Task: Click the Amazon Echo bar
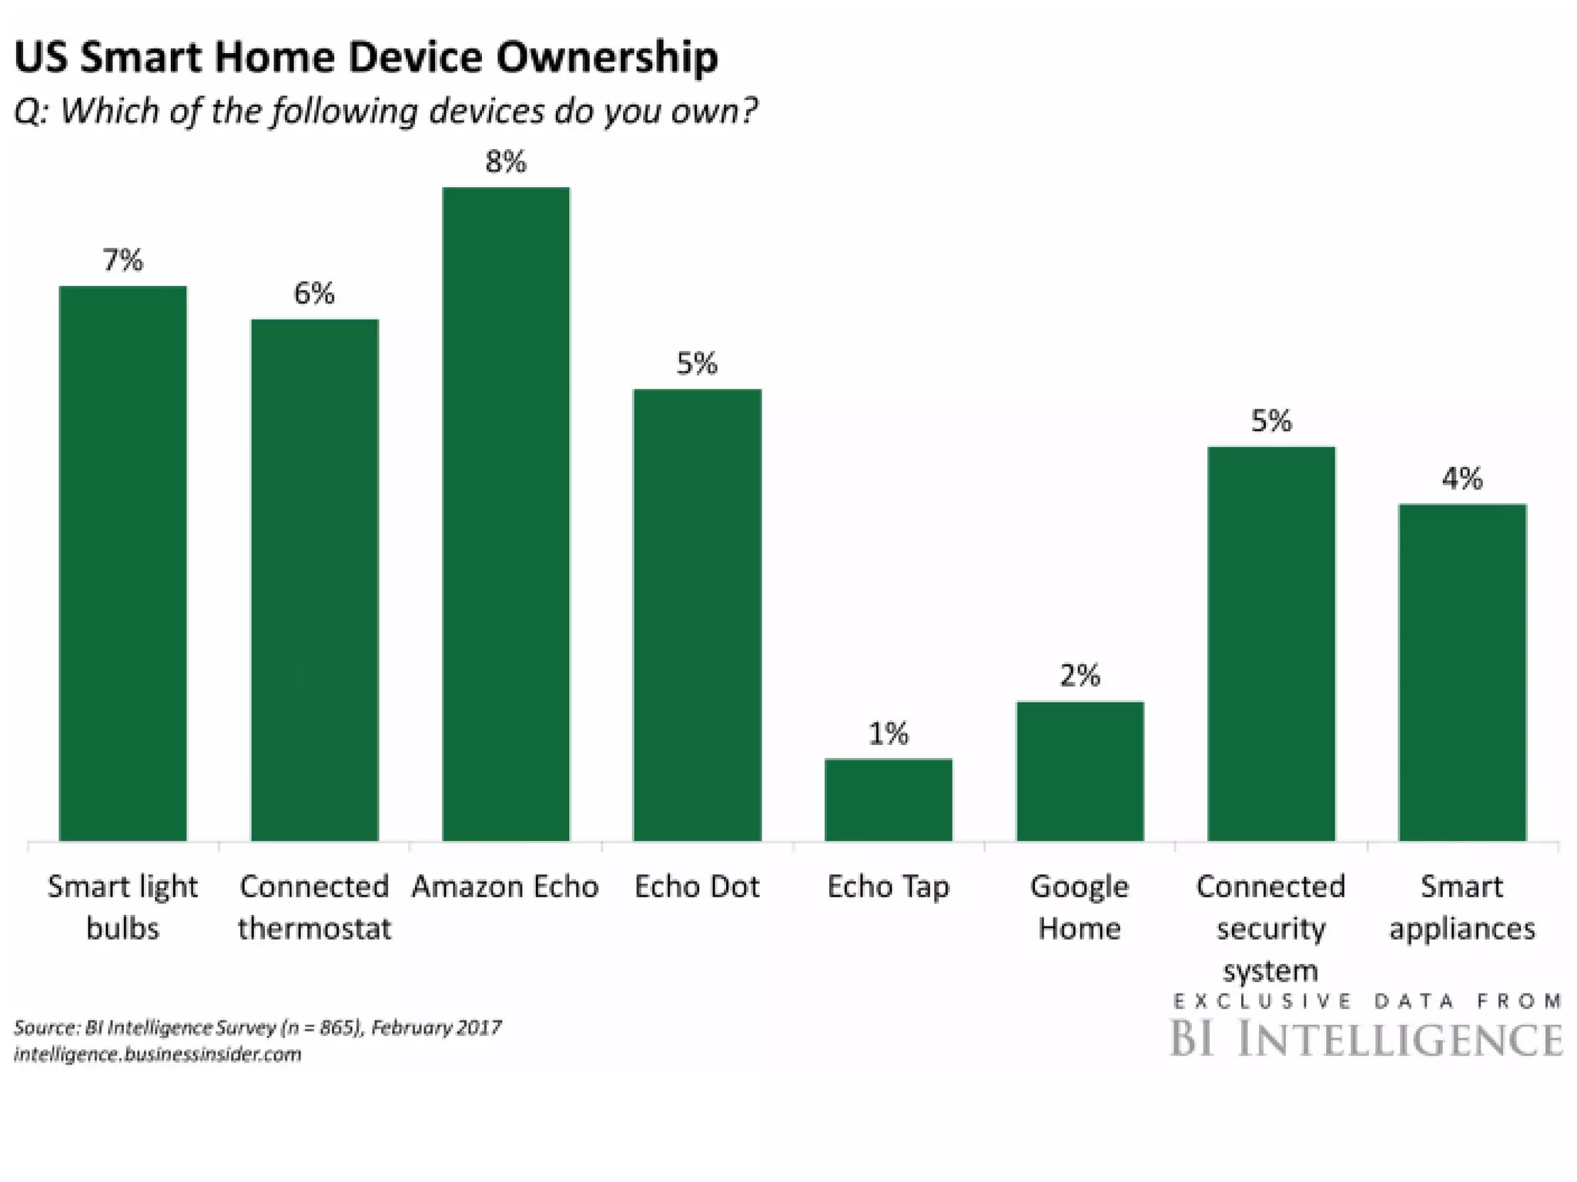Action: tap(505, 513)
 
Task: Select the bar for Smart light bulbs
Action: tap(123, 563)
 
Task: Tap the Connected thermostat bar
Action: tap(314, 579)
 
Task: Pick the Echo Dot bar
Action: tap(697, 615)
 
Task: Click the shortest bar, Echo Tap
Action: tap(888, 800)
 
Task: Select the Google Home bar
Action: tap(1080, 771)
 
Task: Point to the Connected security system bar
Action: tap(1271, 643)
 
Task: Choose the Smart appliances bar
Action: tap(1461, 672)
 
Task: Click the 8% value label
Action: tap(505, 162)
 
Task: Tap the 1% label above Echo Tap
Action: tap(888, 734)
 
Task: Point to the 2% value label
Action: tap(1080, 676)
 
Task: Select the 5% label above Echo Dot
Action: tap(697, 363)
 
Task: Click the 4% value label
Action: tap(1461, 479)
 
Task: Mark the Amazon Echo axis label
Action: tap(505, 887)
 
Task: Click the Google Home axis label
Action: tap(1080, 907)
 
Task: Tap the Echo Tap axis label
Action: tap(888, 887)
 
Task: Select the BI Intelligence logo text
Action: tap(1366, 1038)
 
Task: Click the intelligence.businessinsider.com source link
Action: tap(157, 1054)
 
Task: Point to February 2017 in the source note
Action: tap(436, 1027)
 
